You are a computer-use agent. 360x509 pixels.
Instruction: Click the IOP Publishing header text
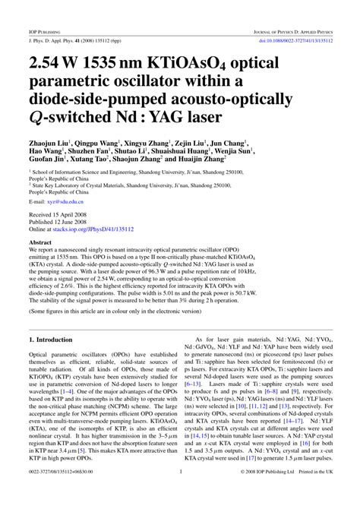point(39,11)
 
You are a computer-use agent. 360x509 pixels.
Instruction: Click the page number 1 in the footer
point(180,493)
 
